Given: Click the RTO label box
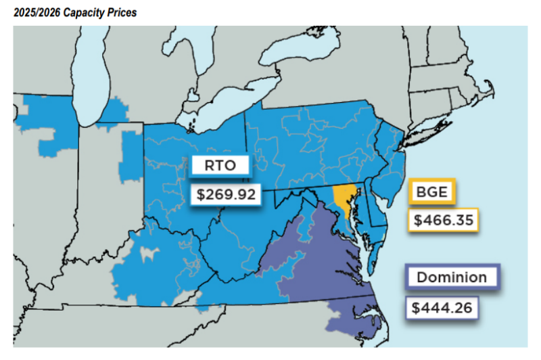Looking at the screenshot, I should pos(220,165).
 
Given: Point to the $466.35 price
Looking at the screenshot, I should pos(442,220).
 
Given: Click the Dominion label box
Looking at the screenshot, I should pos(451,277).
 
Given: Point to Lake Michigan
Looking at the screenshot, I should pos(95,74).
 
